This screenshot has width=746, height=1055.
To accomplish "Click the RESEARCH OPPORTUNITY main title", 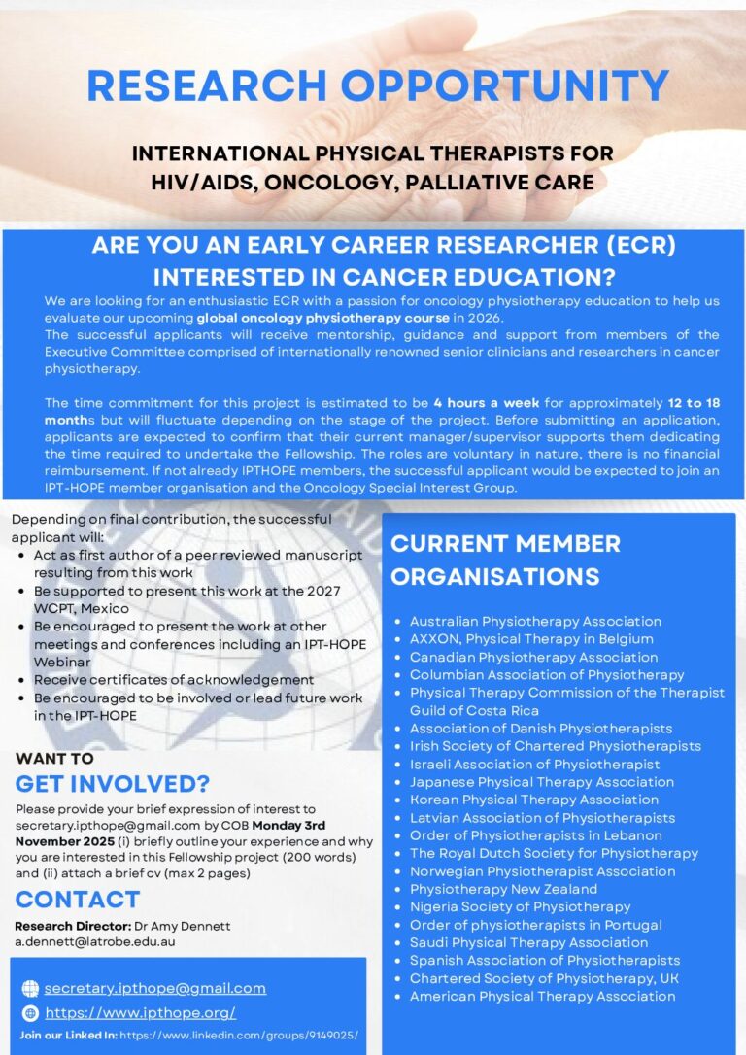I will coord(378,85).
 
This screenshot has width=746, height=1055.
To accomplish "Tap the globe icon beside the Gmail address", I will coord(30,989).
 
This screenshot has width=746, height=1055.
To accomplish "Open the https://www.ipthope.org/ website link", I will coord(141,1013).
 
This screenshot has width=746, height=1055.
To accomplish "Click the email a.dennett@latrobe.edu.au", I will coord(95,941).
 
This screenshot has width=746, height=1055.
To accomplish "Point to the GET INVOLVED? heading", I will coord(112,783).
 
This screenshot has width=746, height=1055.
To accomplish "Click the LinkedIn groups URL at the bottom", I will coord(238,1036).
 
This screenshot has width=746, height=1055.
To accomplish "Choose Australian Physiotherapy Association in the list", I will coord(535,621).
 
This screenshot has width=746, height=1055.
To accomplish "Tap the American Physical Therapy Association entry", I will coord(542,996).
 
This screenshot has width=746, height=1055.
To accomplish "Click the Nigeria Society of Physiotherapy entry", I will coord(520,906).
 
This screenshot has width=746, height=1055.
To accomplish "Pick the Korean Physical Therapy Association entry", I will coord(533,800).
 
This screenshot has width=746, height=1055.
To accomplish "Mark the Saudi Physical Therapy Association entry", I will coord(528,942).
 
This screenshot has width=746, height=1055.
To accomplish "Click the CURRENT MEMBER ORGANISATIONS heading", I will coord(505,560).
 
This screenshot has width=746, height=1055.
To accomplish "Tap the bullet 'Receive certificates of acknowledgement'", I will coord(174,680).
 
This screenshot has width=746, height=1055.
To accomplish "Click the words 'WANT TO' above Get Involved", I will coord(54,759).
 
